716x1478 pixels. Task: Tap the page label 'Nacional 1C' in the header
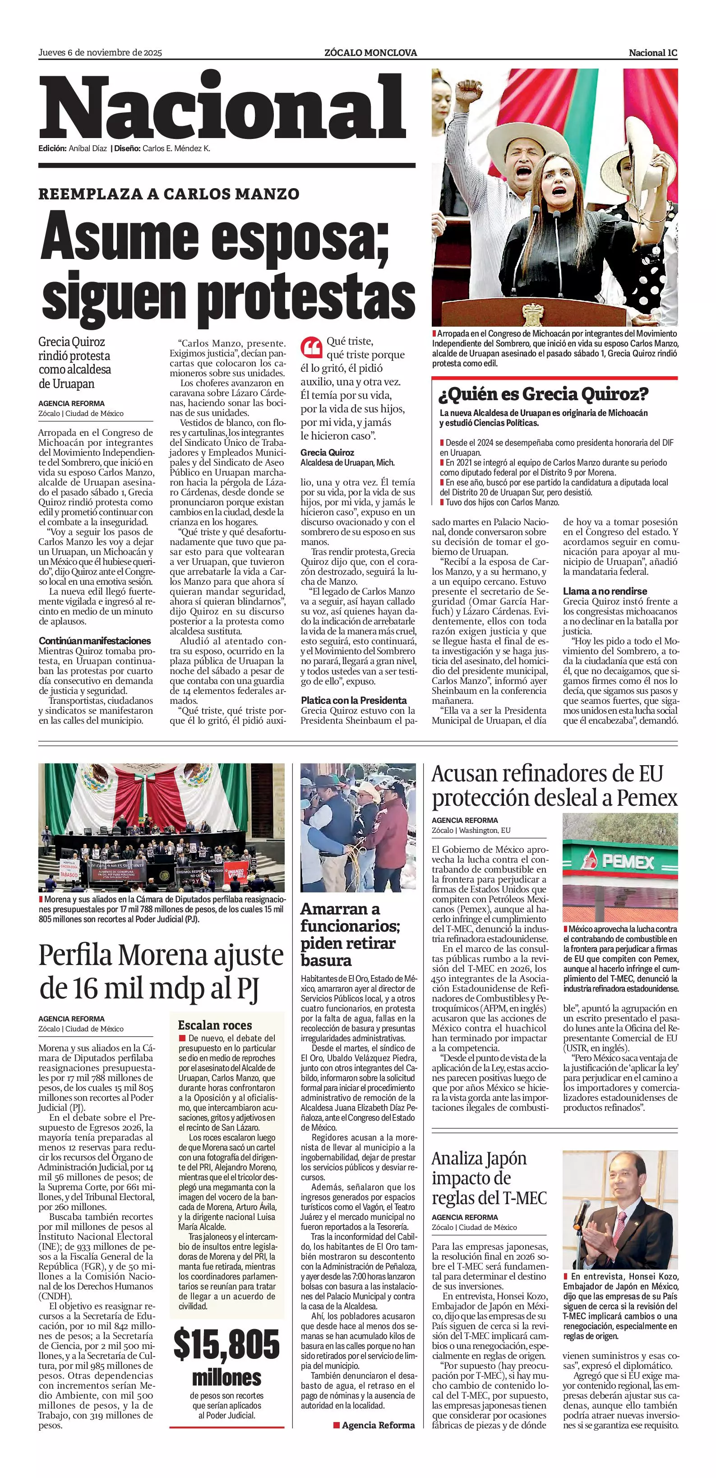pyautogui.click(x=653, y=53)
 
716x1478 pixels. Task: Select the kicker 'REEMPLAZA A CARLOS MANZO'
pyautogui.click(x=169, y=194)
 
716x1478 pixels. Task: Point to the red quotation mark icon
pyautogui.click(x=311, y=347)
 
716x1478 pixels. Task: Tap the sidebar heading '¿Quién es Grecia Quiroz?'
pyautogui.click(x=543, y=395)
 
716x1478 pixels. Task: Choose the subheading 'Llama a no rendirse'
pyautogui.click(x=605, y=591)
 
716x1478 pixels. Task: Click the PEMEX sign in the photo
pyautogui.click(x=619, y=861)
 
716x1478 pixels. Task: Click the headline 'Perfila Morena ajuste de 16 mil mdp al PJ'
pyautogui.click(x=161, y=971)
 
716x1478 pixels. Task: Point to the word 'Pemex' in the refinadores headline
pyautogui.click(x=647, y=798)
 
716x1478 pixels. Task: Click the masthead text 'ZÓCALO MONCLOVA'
pyautogui.click(x=370, y=53)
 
